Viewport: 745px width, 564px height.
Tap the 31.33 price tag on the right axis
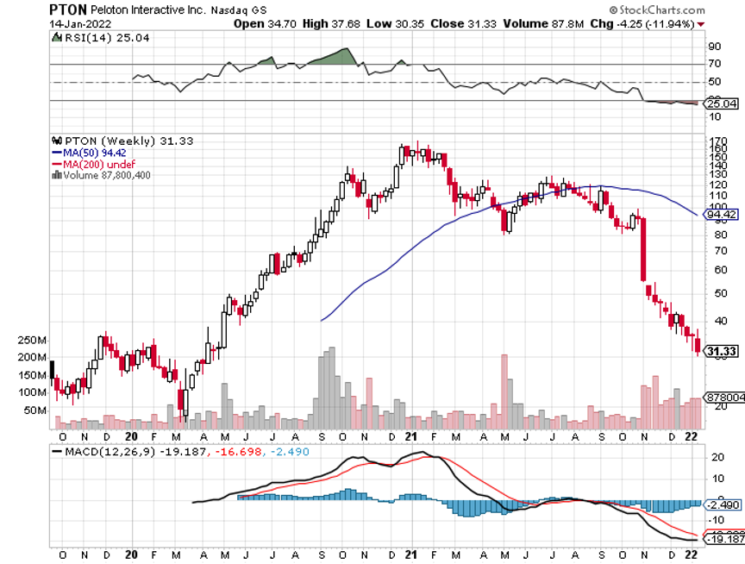click(720, 351)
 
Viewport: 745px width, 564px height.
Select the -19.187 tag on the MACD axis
click(723, 538)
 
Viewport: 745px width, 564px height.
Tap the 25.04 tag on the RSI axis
click(719, 103)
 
